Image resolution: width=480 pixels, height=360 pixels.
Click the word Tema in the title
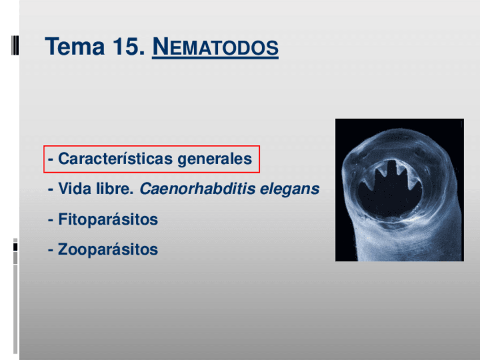click(75, 46)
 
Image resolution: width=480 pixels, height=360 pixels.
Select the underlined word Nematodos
click(216, 47)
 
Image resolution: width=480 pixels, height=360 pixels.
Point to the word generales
click(215, 159)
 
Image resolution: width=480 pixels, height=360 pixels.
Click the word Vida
click(75, 188)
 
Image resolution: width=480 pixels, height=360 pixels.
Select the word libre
click(115, 188)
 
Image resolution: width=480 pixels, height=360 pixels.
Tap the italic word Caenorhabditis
click(198, 188)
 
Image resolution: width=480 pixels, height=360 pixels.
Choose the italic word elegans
click(290, 189)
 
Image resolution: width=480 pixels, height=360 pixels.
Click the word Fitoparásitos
click(108, 219)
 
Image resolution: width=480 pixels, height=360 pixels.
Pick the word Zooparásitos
click(108, 249)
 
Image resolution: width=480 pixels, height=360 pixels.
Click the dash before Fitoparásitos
click(50, 220)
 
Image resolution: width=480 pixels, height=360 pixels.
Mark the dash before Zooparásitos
click(50, 250)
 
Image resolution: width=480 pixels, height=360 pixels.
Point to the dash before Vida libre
click(50, 190)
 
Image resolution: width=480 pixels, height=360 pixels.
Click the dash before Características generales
click(50, 160)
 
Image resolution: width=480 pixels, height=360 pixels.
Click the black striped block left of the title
click(15, 45)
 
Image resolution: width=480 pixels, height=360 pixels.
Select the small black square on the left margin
click(15, 247)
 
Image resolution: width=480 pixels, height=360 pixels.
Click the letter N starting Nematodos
click(160, 46)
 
